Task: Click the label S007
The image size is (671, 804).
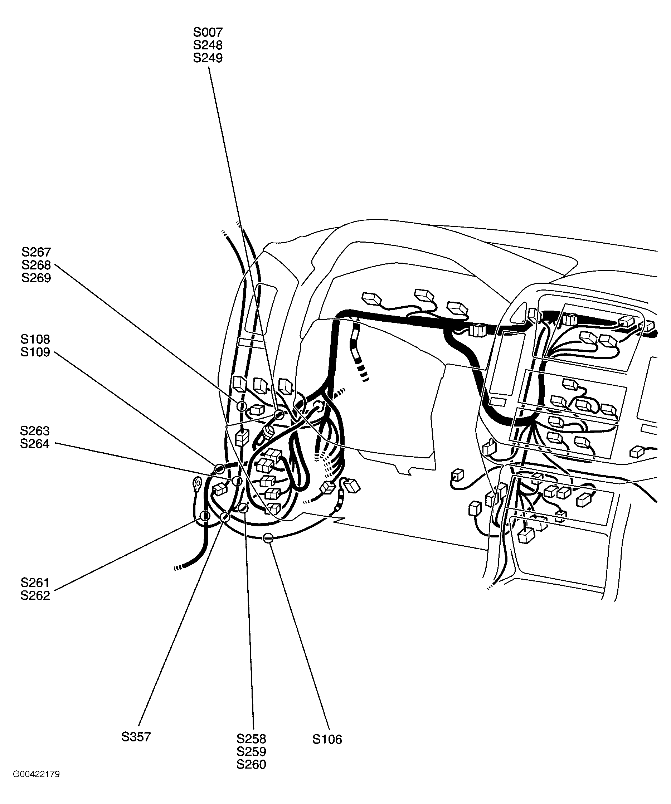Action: pyautogui.click(x=208, y=32)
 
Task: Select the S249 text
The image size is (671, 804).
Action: pyautogui.click(x=208, y=58)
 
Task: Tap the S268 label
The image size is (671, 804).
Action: pyautogui.click(x=36, y=265)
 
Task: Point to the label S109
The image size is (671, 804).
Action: pyautogui.click(x=35, y=352)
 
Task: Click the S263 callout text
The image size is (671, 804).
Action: pyautogui.click(x=35, y=431)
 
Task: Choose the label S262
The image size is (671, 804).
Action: pyautogui.click(x=35, y=596)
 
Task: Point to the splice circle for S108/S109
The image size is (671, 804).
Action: pyautogui.click(x=219, y=468)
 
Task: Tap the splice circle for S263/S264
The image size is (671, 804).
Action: pyautogui.click(x=237, y=481)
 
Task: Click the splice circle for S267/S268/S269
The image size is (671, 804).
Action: pyautogui.click(x=242, y=406)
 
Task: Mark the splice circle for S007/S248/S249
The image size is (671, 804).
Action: pyautogui.click(x=279, y=414)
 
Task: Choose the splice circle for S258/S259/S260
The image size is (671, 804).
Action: pyautogui.click(x=243, y=508)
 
